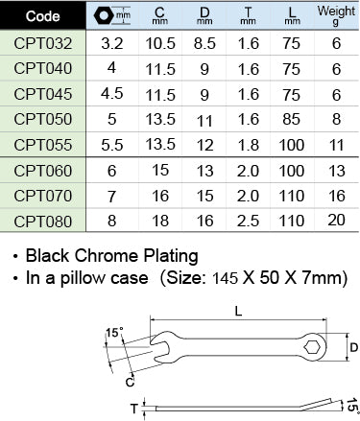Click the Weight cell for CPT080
(335, 220)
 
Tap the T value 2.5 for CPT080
(245, 220)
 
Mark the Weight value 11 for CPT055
(335, 144)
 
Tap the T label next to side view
(133, 407)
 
